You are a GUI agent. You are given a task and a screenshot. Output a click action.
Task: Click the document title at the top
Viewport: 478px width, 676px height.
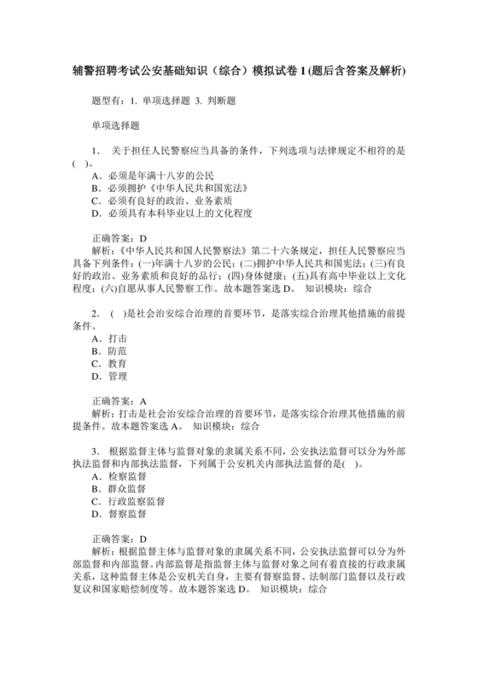pyautogui.click(x=239, y=69)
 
